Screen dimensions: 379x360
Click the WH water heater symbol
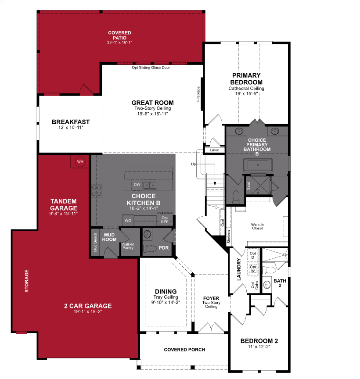tap(80, 161)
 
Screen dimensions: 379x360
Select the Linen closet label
tap(215, 150)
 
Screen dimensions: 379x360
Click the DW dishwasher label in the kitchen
tap(137, 185)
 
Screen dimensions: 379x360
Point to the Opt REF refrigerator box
tap(165, 220)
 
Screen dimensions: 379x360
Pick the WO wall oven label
tap(128, 220)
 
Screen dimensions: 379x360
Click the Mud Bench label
tap(95, 242)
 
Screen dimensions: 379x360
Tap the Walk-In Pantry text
tap(128, 246)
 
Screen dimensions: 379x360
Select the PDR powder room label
tap(164, 248)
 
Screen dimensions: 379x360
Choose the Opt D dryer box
tap(253, 255)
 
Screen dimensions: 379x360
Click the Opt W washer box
tap(253, 268)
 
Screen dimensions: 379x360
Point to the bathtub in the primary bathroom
tap(257, 165)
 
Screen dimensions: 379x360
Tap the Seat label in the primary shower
tap(248, 186)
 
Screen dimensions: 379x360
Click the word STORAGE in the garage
tap(27, 281)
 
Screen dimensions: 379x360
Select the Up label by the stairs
tap(194, 164)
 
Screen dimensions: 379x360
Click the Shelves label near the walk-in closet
tap(229, 237)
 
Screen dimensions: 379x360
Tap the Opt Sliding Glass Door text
tap(151, 68)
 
